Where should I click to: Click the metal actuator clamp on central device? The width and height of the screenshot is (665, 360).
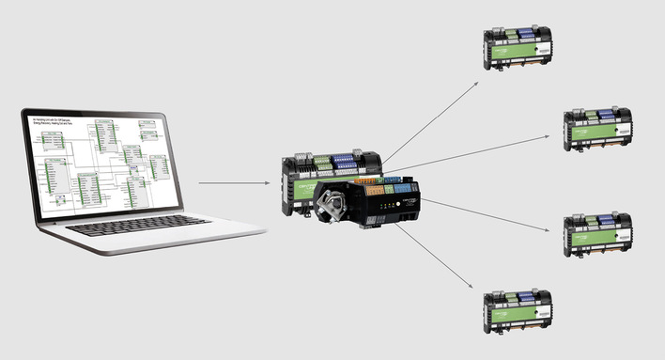pos(336,201)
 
